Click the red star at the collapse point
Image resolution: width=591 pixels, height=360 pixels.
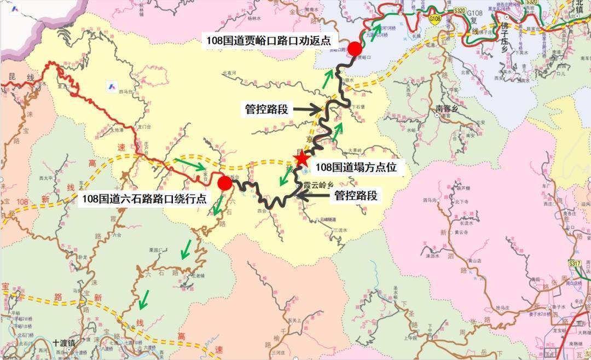(301, 159)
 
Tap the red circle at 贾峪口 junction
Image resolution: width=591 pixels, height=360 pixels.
(355, 49)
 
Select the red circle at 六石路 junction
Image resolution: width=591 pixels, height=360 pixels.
(224, 183)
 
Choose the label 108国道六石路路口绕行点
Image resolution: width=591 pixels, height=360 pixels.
(144, 199)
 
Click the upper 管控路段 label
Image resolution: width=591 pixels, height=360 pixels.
(266, 109)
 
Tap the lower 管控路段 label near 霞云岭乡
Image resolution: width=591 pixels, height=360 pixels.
(356, 195)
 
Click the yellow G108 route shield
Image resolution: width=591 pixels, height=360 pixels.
(434, 19)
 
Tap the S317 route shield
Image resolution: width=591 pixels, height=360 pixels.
(574, 264)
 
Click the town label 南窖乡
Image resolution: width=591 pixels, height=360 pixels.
(449, 108)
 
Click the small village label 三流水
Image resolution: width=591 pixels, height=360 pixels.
(340, 230)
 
